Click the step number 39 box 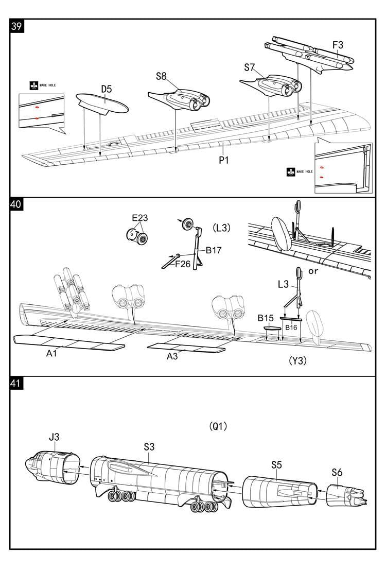click(16, 26)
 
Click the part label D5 click(106, 89)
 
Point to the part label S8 click(161, 76)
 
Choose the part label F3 click(337, 45)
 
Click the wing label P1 click(223, 160)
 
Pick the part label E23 click(139, 218)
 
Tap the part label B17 click(214, 250)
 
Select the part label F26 click(183, 264)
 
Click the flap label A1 click(51, 353)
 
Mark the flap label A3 click(172, 356)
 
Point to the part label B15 click(266, 318)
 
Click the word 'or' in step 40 click(312, 271)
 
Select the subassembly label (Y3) click(297, 360)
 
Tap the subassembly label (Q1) click(218, 426)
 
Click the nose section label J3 click(54, 437)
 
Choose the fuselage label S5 click(276, 465)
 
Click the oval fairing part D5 click(102, 103)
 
